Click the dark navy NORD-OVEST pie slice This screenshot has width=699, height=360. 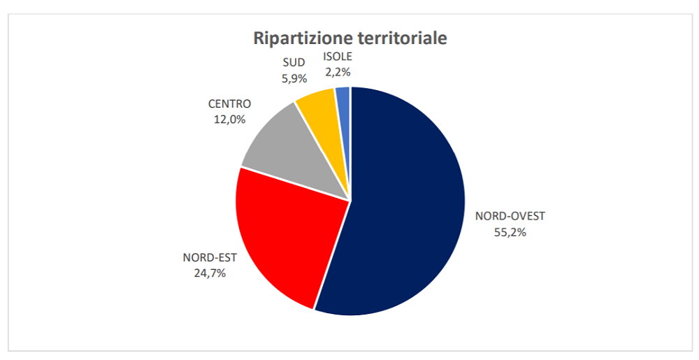tap(405, 210)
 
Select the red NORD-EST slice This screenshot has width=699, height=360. tap(287, 238)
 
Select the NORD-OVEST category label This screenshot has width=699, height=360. tap(510, 216)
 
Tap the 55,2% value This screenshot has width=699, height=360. tap(510, 232)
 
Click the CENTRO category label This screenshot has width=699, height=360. tap(229, 104)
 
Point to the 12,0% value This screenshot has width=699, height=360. tap(229, 120)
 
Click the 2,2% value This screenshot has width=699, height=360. tap(338, 71)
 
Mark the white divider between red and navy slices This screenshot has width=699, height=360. tap(332, 254)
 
